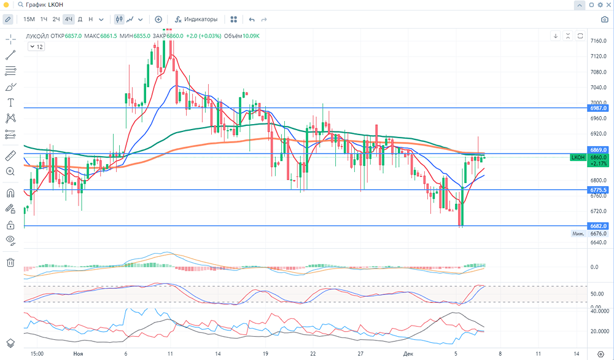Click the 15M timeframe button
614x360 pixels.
29,19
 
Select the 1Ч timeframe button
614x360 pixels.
44,19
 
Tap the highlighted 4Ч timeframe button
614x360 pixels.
69,19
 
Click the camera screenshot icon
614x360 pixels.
604,19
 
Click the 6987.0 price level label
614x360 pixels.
597,108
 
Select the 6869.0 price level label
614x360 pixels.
597,149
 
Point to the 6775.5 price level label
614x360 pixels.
597,190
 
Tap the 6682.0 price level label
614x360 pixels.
597,226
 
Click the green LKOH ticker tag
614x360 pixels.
578,158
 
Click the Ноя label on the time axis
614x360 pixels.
78,354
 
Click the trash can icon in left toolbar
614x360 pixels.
10,263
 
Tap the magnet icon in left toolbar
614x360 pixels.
10,193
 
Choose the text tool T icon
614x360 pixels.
10,102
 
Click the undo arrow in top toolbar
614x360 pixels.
252,20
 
